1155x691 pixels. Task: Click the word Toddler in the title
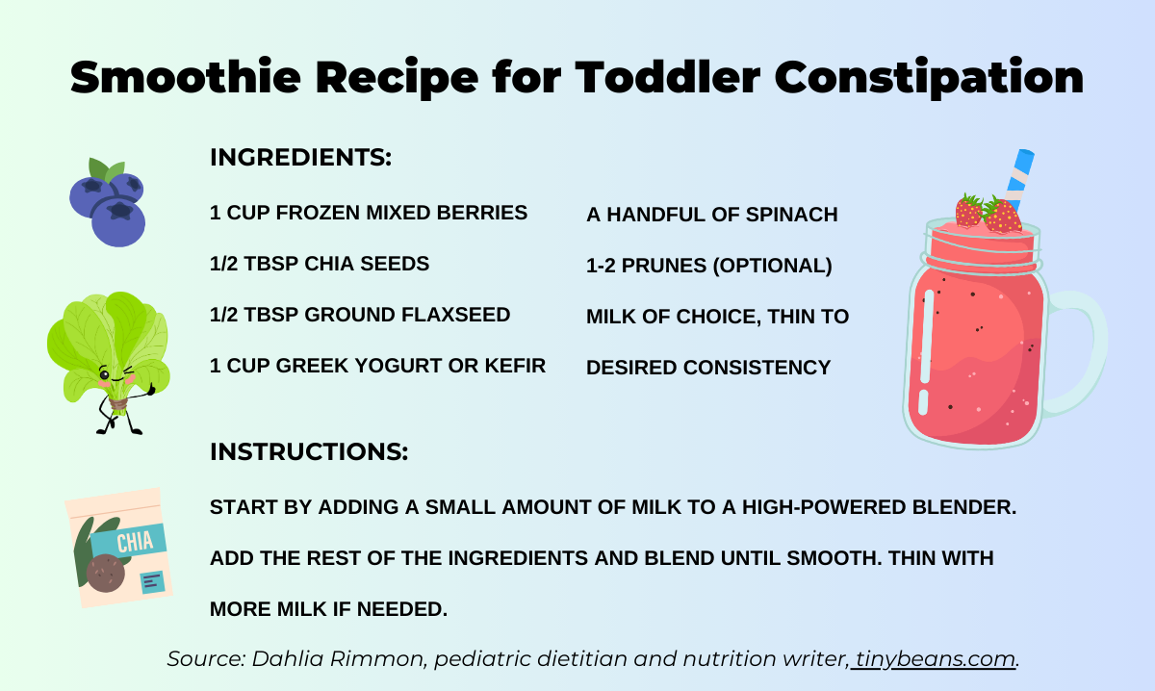click(x=669, y=77)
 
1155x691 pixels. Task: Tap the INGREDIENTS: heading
click(x=300, y=158)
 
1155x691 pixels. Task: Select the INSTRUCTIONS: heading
click(x=308, y=451)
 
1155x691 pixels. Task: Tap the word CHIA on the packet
click(x=135, y=542)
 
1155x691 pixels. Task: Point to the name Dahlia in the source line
click(x=285, y=659)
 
